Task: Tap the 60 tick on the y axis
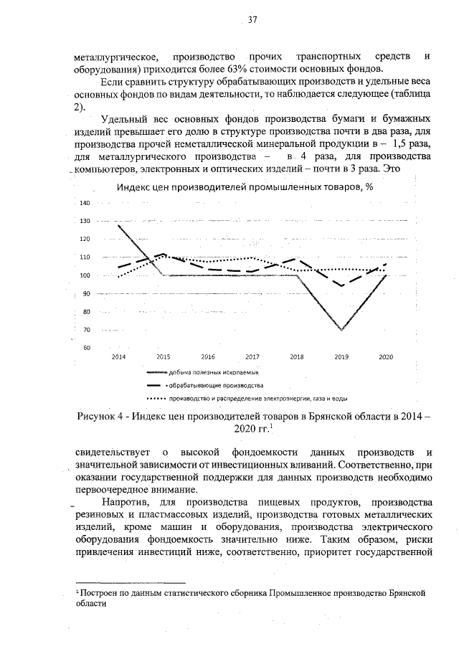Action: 85,349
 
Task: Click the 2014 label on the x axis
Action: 118,356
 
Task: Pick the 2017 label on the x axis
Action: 252,356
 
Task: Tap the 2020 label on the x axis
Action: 385,356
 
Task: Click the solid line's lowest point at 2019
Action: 341,330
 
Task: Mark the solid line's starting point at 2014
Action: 118,225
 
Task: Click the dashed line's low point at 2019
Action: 341,286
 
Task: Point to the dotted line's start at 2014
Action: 118,277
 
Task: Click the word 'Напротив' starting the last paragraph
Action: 126,500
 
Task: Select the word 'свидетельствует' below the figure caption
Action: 109,453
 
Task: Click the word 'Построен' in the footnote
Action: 96,594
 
